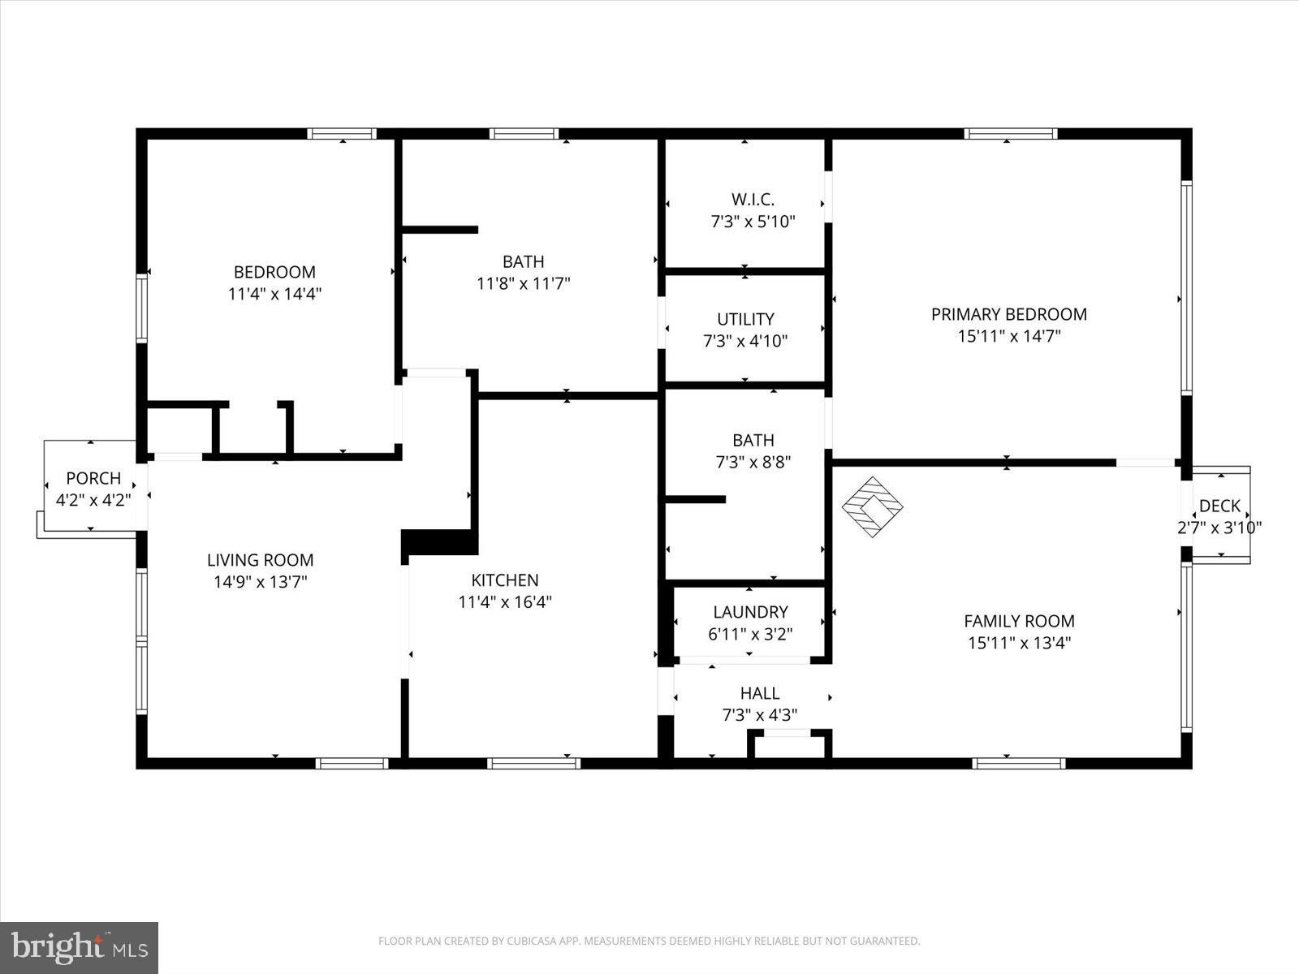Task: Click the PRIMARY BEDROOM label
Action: coord(1008,314)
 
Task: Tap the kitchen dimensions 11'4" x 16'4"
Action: coord(505,601)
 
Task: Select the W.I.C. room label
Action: coord(753,199)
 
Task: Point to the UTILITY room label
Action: coord(744,319)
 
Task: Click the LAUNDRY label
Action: coord(750,612)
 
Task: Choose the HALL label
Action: coord(759,693)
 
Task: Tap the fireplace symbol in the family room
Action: coord(872,506)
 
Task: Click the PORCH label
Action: coord(93,478)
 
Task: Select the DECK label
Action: coord(1219,506)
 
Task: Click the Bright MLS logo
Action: coord(79,947)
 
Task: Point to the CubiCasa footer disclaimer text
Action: coord(649,942)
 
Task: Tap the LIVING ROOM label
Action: coord(260,559)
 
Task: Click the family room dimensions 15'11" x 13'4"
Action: coord(1019,643)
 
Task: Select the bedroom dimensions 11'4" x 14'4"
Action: coord(274,294)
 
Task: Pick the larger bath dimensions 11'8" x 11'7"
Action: coord(523,283)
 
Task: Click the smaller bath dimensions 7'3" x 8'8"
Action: coord(753,462)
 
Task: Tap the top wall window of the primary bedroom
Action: coord(1010,134)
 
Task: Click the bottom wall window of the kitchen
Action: coord(533,763)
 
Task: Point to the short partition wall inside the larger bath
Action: coord(439,230)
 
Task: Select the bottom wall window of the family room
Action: coord(1018,763)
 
